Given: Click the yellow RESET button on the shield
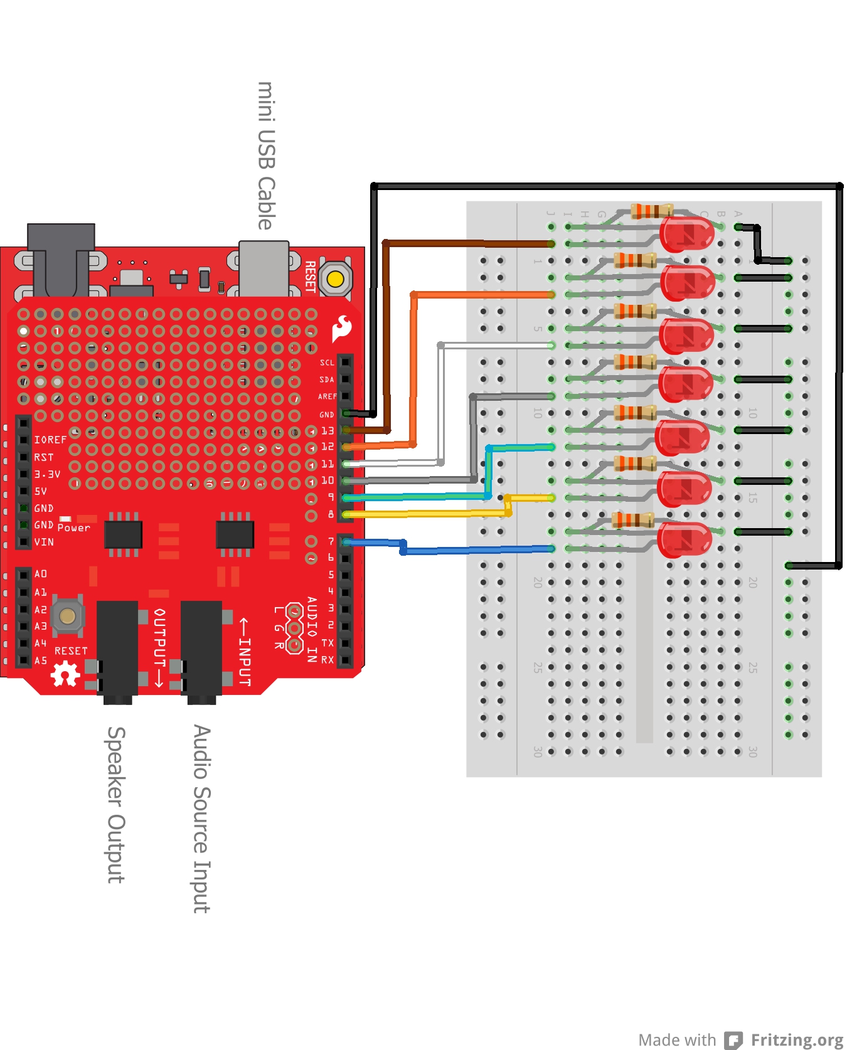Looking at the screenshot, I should point(335,278).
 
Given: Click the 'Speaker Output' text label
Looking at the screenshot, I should point(116,805).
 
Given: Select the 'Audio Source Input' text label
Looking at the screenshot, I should point(201,819).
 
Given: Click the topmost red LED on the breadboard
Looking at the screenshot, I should point(687,235).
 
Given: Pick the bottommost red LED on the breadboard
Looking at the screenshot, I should point(684,539).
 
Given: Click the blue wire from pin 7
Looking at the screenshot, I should point(477,550).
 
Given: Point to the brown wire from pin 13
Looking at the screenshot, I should point(464,243).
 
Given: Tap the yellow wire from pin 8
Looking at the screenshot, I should point(427,513).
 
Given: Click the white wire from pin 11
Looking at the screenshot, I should point(496,345).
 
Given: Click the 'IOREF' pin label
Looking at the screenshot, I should point(50,440).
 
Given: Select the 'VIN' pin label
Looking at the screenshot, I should point(44,542).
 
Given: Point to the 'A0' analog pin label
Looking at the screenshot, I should point(41,574).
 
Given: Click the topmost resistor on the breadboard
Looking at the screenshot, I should point(651,211).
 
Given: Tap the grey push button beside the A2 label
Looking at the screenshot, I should point(67,616).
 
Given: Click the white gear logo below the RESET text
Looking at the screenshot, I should point(65,674).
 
